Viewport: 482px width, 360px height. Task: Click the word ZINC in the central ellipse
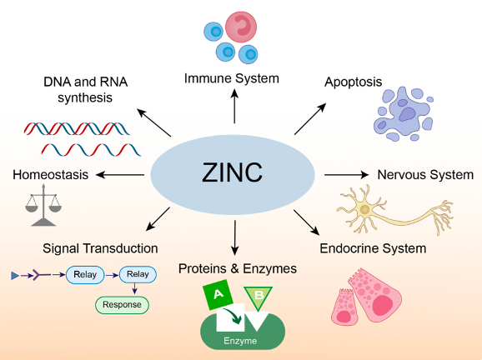(x=232, y=173)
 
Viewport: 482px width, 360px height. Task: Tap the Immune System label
(x=232, y=78)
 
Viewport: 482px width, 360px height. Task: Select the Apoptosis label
(x=353, y=82)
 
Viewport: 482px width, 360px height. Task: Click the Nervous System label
(x=425, y=175)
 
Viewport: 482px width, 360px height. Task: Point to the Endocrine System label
(x=374, y=248)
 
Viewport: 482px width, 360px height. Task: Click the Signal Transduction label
(x=100, y=248)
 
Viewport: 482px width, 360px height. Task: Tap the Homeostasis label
(x=50, y=174)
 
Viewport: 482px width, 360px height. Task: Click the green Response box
(x=122, y=305)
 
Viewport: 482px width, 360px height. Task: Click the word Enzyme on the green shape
(x=242, y=341)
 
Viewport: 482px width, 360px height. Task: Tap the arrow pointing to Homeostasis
(x=123, y=174)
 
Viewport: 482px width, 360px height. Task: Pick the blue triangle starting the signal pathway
(x=14, y=273)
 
